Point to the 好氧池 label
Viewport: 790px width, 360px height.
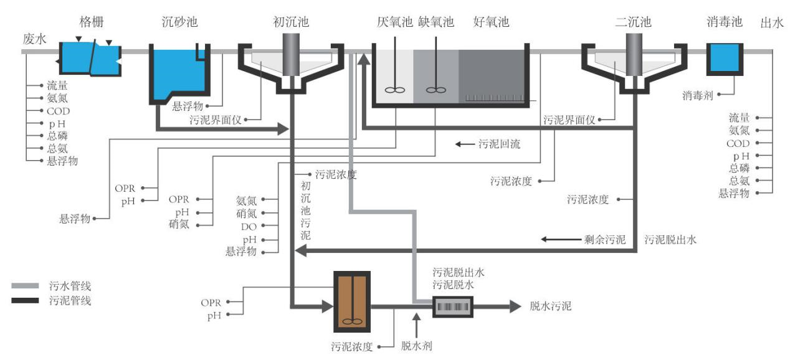[491, 22]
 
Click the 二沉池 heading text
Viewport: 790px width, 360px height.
[633, 22]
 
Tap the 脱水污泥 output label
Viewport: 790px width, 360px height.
[550, 306]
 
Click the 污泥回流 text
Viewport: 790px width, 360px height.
[500, 144]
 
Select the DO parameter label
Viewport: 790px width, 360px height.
[249, 226]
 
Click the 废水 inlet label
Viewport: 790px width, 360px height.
[34, 39]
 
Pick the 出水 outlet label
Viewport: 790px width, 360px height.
[771, 23]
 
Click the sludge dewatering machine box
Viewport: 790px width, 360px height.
[453, 306]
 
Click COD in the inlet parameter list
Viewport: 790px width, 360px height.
[58, 111]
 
